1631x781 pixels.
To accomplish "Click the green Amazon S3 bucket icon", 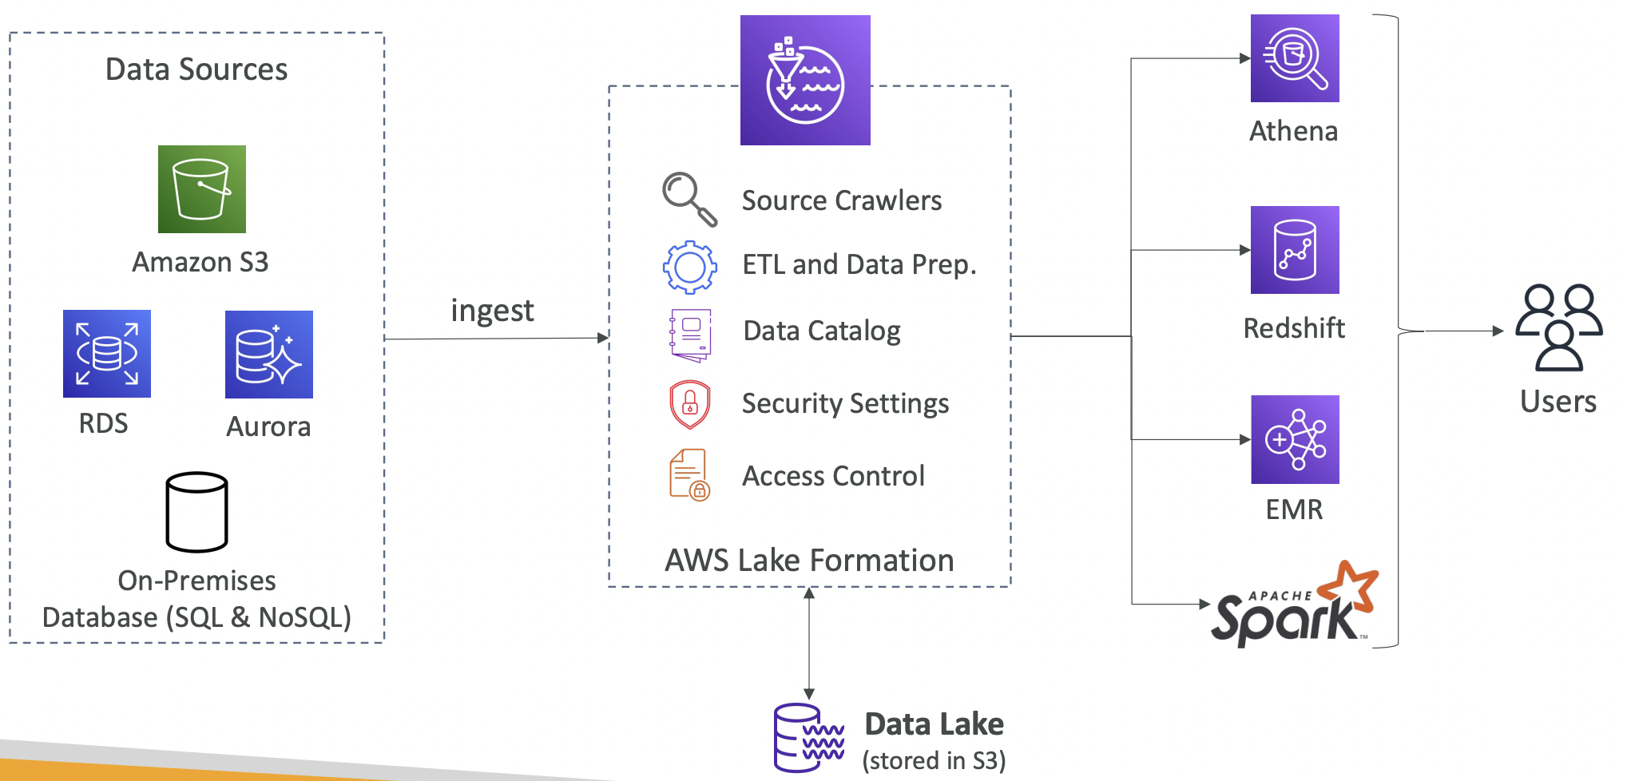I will (x=202, y=189).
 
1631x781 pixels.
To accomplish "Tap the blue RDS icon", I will (x=107, y=354).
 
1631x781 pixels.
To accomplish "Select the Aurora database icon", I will (x=269, y=355).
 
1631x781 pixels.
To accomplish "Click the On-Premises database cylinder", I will (x=196, y=512).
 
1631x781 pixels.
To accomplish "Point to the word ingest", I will (x=492, y=311).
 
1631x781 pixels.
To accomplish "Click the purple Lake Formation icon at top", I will (x=805, y=81).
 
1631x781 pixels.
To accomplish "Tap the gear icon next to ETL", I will (x=690, y=267).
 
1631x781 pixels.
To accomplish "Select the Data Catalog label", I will (x=822, y=331).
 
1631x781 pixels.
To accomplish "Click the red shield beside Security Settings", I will (x=690, y=404).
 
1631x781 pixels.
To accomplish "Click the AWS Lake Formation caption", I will (x=809, y=561).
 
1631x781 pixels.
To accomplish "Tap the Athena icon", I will (x=1295, y=58).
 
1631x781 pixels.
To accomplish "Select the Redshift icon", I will (x=1295, y=250).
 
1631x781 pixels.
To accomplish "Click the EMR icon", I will (x=1295, y=439).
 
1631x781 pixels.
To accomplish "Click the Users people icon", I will (x=1559, y=327).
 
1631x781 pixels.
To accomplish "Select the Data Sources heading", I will (x=196, y=69).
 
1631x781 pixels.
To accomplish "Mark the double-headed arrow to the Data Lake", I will (x=809, y=644).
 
